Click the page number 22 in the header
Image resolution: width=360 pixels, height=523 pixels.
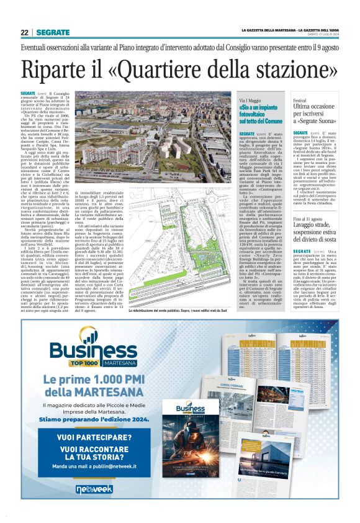(25, 32)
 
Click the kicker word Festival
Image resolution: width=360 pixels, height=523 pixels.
(300, 100)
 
